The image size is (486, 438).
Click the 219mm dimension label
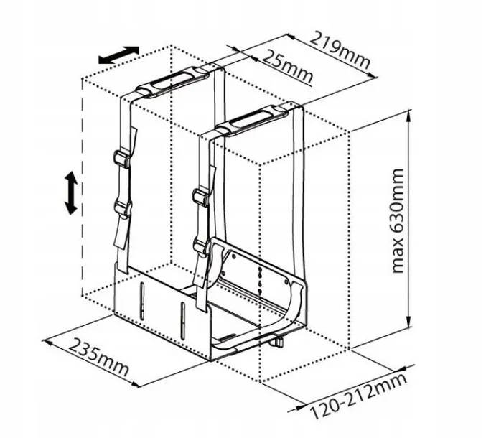pyautogui.click(x=340, y=50)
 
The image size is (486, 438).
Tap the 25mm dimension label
pyautogui.click(x=287, y=66)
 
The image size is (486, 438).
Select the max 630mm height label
pyautogui.click(x=398, y=220)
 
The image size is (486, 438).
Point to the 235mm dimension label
pyautogui.click(x=98, y=356)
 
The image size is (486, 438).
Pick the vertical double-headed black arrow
pyautogui.click(x=70, y=193)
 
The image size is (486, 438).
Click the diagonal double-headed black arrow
pyautogui.click(x=118, y=55)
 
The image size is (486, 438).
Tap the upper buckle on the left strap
pyautogui.click(x=122, y=159)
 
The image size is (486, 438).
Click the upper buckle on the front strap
pyautogui.click(x=201, y=197)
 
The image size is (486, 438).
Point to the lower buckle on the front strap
pyautogui.click(x=202, y=246)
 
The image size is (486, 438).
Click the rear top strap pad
pyautogui.click(x=172, y=82)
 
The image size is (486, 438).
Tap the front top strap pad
pyautogui.click(x=252, y=121)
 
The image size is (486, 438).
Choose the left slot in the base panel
pyautogui.click(x=142, y=300)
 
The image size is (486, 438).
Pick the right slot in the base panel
pyautogui.click(x=183, y=321)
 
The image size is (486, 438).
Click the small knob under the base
pyautogui.click(x=277, y=342)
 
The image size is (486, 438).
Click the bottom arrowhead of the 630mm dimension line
pyautogui.click(x=408, y=322)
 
